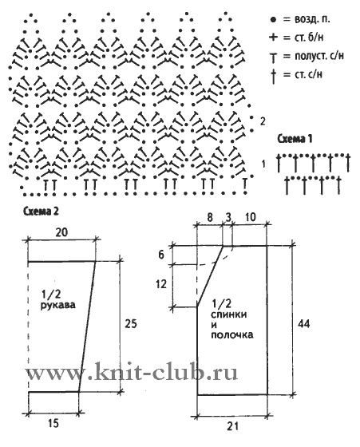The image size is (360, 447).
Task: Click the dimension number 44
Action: [303, 324]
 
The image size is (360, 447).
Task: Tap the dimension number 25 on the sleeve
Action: [131, 324]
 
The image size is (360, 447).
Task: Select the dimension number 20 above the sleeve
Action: [61, 232]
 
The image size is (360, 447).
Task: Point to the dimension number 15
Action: [53, 423]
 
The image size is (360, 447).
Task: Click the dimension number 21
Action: [233, 426]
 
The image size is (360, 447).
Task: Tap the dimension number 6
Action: [161, 255]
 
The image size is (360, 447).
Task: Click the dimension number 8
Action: [210, 218]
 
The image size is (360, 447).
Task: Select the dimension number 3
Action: [228, 218]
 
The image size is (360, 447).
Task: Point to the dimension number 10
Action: [250, 218]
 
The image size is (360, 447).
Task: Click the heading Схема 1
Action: [295, 139]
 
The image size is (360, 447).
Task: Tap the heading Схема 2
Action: [42, 212]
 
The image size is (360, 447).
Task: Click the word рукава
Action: [57, 305]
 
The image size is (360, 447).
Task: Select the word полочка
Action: [232, 334]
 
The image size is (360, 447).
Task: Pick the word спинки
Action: [229, 315]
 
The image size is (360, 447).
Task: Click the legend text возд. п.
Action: [307, 20]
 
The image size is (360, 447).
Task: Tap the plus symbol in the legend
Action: [273, 37]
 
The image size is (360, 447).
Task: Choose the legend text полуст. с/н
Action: [319, 56]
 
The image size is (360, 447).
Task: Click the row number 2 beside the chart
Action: [263, 121]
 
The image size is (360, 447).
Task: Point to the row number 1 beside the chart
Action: [263, 164]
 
